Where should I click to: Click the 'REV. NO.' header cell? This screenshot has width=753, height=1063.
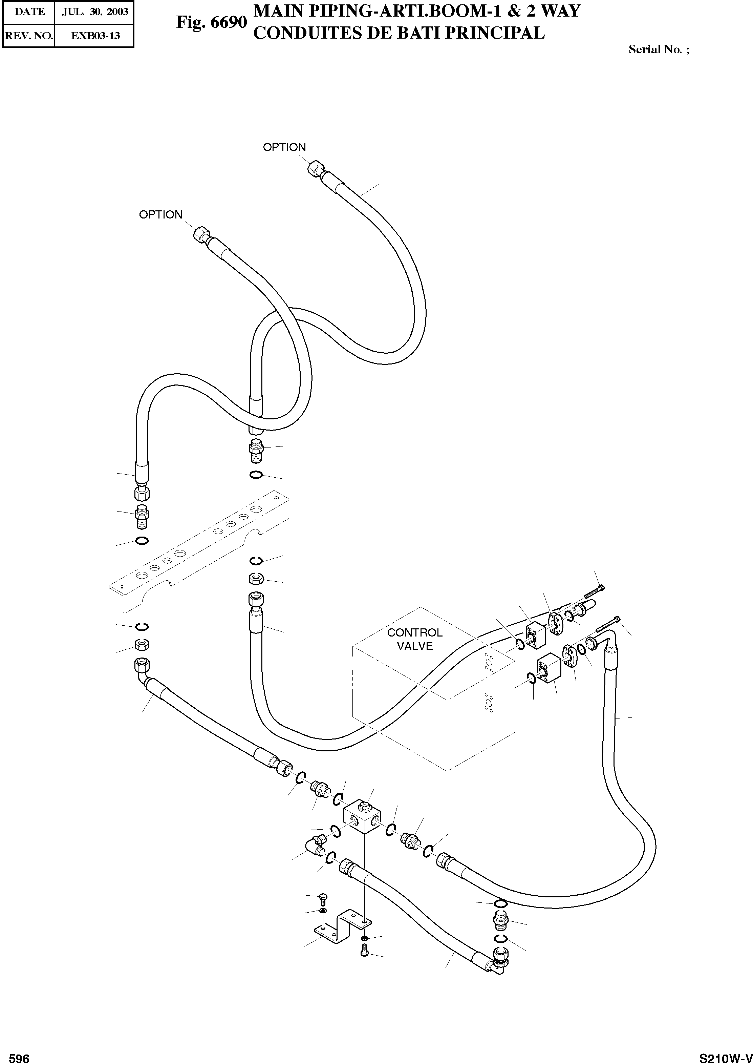(29, 36)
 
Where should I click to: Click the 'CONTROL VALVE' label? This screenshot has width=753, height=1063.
(414, 639)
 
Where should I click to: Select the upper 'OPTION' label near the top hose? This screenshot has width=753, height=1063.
(284, 147)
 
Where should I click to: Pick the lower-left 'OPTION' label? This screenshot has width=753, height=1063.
(160, 215)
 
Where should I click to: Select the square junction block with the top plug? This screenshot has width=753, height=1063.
(363, 821)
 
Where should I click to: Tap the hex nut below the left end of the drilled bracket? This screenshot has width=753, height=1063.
(142, 644)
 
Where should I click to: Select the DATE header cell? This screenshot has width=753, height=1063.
(29, 12)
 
